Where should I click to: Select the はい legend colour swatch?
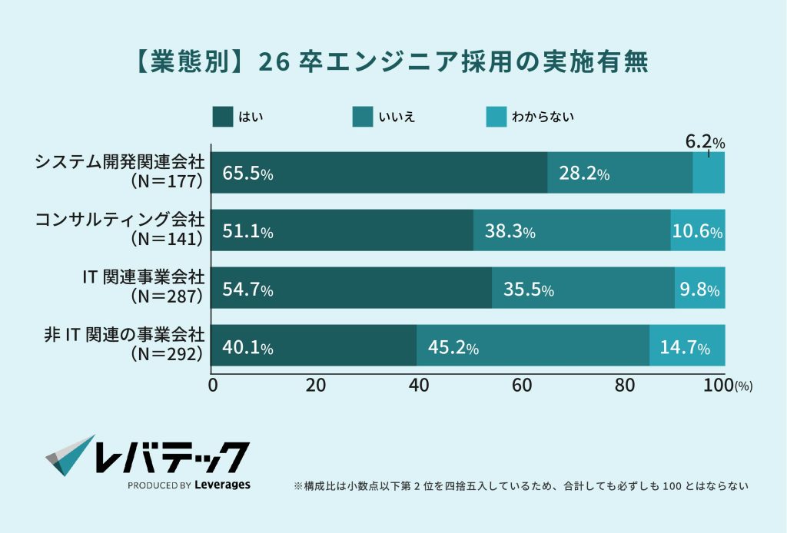(x=222, y=117)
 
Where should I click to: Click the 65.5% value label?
(x=247, y=174)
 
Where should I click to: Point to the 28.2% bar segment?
(x=619, y=173)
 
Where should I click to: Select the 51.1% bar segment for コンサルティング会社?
(x=342, y=230)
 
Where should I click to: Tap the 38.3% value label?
(x=510, y=231)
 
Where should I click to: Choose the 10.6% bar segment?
(x=697, y=230)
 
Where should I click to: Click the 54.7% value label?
(x=247, y=290)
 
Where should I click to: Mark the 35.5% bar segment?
(x=583, y=288)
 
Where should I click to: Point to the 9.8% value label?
(x=699, y=290)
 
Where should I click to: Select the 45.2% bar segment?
(x=532, y=346)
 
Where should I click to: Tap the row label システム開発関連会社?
(x=121, y=163)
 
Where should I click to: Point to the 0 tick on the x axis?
(x=213, y=386)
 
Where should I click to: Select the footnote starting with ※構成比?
(x=521, y=486)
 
